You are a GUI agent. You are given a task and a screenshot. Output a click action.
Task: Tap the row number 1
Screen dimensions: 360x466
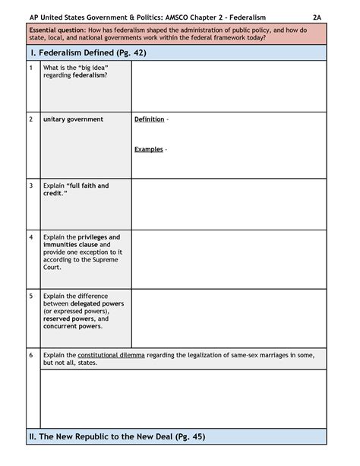[x=30, y=68]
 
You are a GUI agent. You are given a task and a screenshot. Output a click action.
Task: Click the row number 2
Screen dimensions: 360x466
[x=30, y=119]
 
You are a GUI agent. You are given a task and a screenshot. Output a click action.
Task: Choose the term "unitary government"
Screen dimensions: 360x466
[x=73, y=119]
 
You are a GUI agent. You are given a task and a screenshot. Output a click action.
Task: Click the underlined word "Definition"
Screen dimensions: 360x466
[x=149, y=119]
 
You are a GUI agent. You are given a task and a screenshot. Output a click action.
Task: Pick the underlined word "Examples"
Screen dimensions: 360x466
[x=149, y=149]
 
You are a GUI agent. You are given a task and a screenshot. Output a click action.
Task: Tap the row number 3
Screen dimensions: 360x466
[x=30, y=185]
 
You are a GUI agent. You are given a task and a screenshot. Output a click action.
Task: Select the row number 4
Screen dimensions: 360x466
[x=30, y=237]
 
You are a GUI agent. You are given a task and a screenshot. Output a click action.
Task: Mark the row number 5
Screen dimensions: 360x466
[x=30, y=296]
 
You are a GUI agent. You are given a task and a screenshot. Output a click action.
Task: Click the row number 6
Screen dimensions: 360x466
[x=30, y=355]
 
